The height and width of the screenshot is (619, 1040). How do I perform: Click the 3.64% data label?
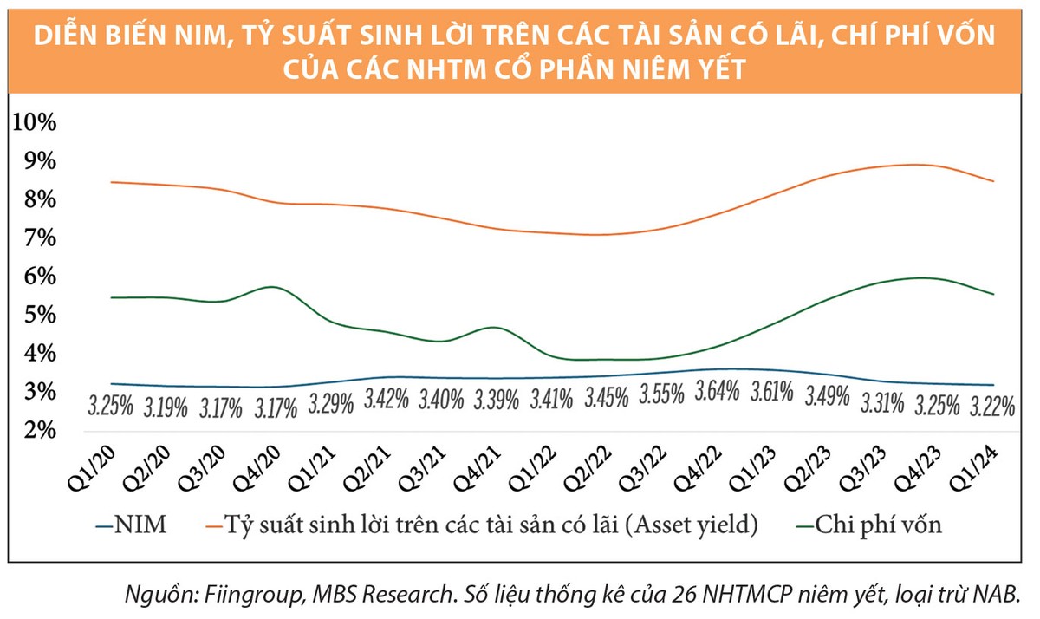click(x=717, y=392)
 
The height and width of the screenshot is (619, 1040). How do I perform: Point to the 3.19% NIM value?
click(x=166, y=407)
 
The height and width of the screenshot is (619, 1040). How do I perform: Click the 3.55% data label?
click(x=661, y=395)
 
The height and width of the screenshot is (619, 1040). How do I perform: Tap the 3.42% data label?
click(x=387, y=400)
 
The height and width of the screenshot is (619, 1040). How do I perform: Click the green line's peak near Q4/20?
click(x=272, y=286)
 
